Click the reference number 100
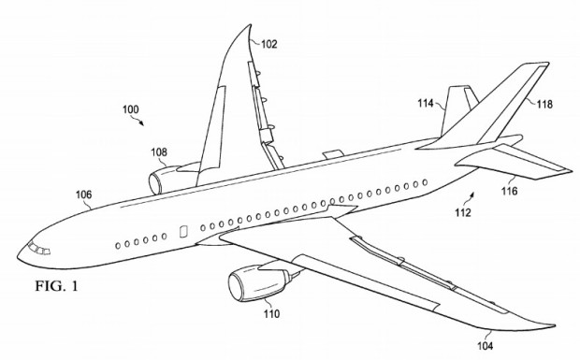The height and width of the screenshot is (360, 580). click(x=132, y=109)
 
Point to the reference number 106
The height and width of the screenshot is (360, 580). click(x=83, y=194)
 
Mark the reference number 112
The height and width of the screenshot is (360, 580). click(x=465, y=213)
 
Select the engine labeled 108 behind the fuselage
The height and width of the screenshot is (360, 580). click(x=171, y=178)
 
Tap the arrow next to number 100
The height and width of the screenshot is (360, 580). click(x=139, y=121)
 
